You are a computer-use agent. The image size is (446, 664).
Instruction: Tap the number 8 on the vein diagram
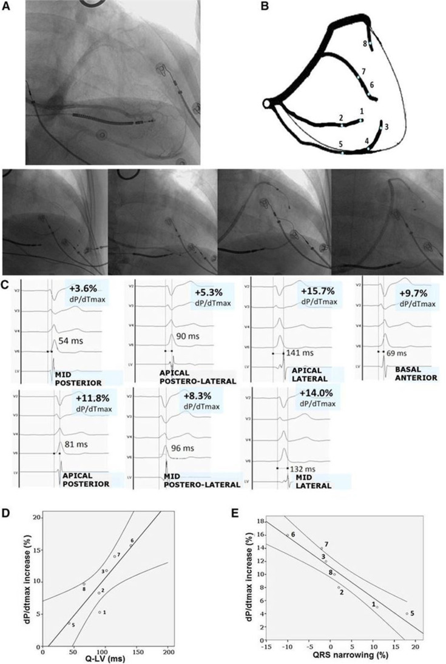pyautogui.click(x=365, y=44)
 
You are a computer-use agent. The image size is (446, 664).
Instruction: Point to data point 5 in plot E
pyautogui.click(x=407, y=614)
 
